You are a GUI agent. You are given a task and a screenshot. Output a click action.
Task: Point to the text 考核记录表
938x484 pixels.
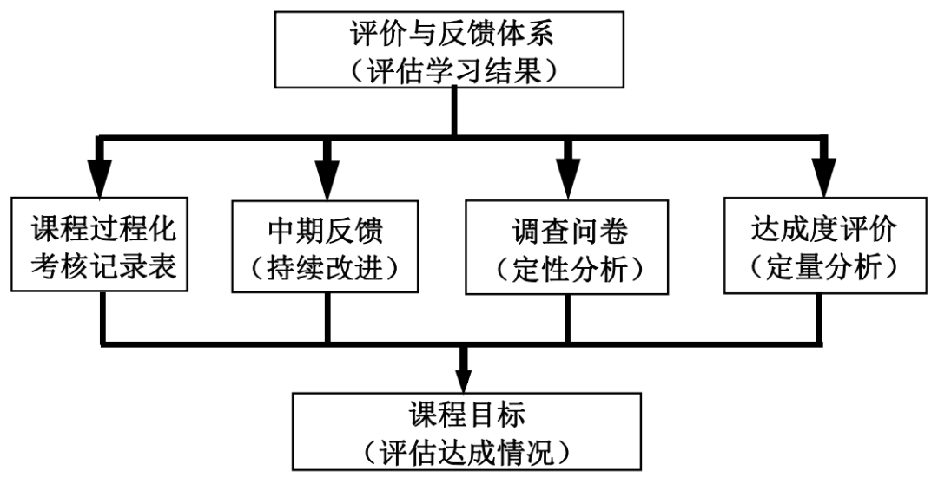tap(104, 265)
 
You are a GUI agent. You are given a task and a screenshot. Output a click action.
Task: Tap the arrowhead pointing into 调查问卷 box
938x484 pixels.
tap(568, 180)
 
